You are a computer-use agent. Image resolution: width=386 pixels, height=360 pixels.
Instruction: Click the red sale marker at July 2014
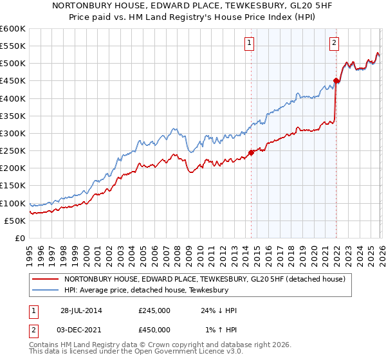pos(251,153)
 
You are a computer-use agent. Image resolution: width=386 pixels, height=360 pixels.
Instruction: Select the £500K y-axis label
pos(13,64)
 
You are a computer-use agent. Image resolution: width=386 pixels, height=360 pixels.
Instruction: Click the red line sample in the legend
pos(45,279)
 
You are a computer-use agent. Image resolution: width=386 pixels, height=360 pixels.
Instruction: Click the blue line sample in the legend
pos(45,291)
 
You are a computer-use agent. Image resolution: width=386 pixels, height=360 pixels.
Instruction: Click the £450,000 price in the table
pos(154,330)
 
